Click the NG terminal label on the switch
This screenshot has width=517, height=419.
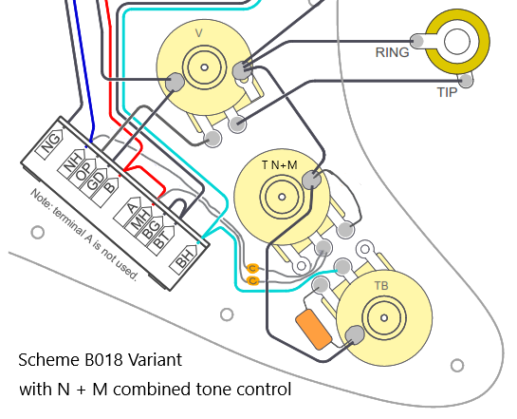pyautogui.click(x=50, y=143)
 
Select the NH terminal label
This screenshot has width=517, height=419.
pyautogui.click(x=72, y=162)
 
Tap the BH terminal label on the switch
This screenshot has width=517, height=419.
pyautogui.click(x=185, y=259)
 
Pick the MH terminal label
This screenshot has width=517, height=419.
pyautogui.click(x=138, y=220)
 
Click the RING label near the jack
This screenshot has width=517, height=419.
pyautogui.click(x=392, y=52)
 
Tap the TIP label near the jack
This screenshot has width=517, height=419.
pyautogui.click(x=447, y=92)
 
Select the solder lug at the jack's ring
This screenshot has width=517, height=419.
pyautogui.click(x=417, y=41)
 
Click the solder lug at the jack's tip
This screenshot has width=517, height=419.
pyautogui.click(x=466, y=80)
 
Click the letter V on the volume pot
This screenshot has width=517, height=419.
pyautogui.click(x=199, y=33)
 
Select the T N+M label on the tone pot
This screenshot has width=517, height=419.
pyautogui.click(x=280, y=164)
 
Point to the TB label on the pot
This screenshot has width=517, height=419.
pyautogui.click(x=381, y=286)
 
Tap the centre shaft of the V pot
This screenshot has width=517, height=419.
pyautogui.click(x=204, y=67)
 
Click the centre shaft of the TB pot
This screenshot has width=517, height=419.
pyautogui.click(x=384, y=317)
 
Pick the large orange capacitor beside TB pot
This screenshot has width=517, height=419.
pyautogui.click(x=314, y=329)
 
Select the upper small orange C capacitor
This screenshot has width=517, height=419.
pyautogui.click(x=252, y=268)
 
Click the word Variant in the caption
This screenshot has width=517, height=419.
pyautogui.click(x=155, y=359)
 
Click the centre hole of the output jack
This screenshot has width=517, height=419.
pyautogui.click(x=457, y=41)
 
